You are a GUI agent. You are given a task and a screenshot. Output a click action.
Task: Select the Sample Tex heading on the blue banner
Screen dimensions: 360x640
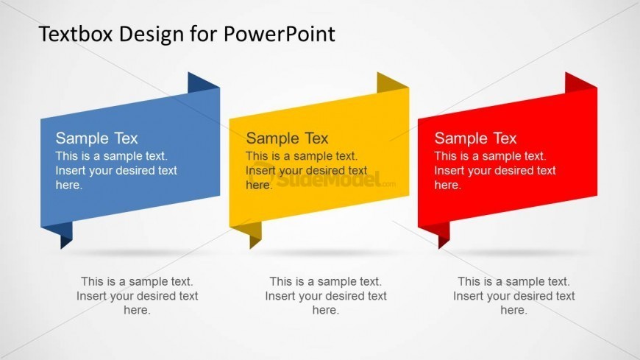(96, 138)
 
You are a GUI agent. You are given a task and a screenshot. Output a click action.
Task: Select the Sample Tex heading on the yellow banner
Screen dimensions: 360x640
(287, 138)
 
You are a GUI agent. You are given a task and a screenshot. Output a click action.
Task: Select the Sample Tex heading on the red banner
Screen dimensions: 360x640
(475, 138)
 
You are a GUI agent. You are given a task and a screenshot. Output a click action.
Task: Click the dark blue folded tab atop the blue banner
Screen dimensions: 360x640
(203, 83)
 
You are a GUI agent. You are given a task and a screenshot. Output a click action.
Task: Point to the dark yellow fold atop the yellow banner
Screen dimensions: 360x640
(392, 83)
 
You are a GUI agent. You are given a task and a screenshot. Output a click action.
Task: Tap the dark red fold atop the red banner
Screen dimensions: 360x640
(580, 83)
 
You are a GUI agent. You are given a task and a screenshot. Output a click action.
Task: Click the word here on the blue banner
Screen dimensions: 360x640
(69, 186)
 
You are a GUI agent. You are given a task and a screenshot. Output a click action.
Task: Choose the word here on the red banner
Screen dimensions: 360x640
(447, 186)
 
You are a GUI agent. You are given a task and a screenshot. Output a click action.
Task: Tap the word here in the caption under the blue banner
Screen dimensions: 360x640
(137, 311)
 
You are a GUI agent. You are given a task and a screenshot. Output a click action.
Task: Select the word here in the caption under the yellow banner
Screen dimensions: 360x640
(325, 311)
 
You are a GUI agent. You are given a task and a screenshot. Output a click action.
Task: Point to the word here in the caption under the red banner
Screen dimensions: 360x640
(513, 311)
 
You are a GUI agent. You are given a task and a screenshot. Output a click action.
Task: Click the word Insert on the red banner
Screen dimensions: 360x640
(449, 171)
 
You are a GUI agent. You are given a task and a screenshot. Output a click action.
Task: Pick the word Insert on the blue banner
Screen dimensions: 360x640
(71, 171)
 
